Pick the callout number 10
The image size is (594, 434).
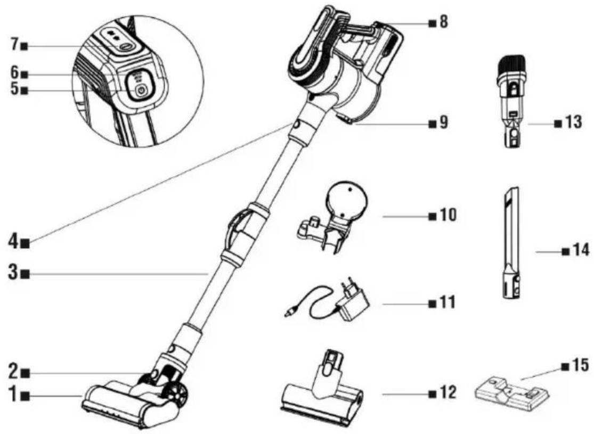(448, 216)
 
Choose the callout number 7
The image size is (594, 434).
(14, 45)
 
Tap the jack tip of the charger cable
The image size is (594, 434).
(287, 314)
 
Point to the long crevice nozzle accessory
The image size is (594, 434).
(511, 244)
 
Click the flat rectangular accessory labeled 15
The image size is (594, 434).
(512, 391)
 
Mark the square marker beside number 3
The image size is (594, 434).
(26, 273)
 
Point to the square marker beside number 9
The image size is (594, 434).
(432, 124)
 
